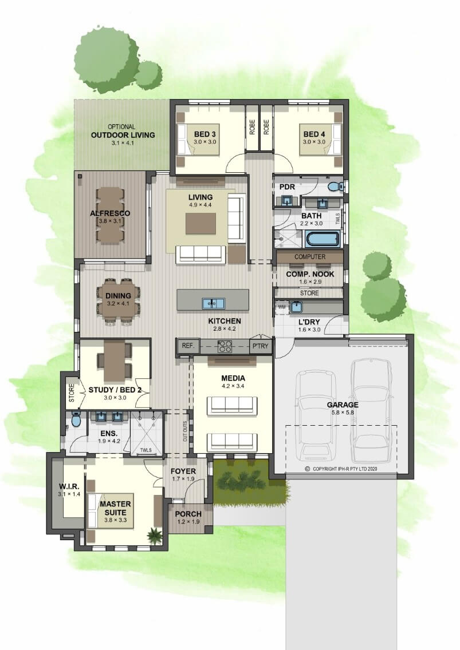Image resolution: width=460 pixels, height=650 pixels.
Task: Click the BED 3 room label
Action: tap(205, 134)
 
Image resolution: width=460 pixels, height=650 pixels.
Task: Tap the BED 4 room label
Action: tap(314, 134)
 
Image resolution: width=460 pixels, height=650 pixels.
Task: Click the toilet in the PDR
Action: tap(334, 187)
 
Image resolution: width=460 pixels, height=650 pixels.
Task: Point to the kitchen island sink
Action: tap(214, 303)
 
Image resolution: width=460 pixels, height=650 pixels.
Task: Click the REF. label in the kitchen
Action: tap(188, 346)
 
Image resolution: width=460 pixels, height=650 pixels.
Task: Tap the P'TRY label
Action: tap(260, 346)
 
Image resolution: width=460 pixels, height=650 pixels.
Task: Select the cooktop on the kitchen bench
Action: tap(225, 346)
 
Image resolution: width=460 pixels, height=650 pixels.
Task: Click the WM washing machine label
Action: tap(281, 307)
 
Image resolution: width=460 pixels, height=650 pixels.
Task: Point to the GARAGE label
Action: tap(343, 405)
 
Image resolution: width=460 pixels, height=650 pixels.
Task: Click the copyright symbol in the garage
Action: tap(308, 469)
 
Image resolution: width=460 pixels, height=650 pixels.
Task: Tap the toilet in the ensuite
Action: tap(76, 420)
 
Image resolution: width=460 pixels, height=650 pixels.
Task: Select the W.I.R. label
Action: tap(69, 486)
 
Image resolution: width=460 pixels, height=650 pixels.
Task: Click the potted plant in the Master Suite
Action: tap(155, 536)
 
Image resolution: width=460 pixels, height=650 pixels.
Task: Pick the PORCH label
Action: tap(188, 514)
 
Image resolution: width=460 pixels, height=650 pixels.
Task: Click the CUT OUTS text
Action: tap(185, 431)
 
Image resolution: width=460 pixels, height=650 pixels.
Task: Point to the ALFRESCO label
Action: tap(110, 213)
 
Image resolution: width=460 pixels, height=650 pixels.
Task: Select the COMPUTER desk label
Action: tap(310, 257)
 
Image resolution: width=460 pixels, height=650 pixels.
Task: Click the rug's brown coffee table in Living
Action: tap(201, 223)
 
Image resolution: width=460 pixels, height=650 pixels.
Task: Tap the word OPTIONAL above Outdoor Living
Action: tap(121, 127)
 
